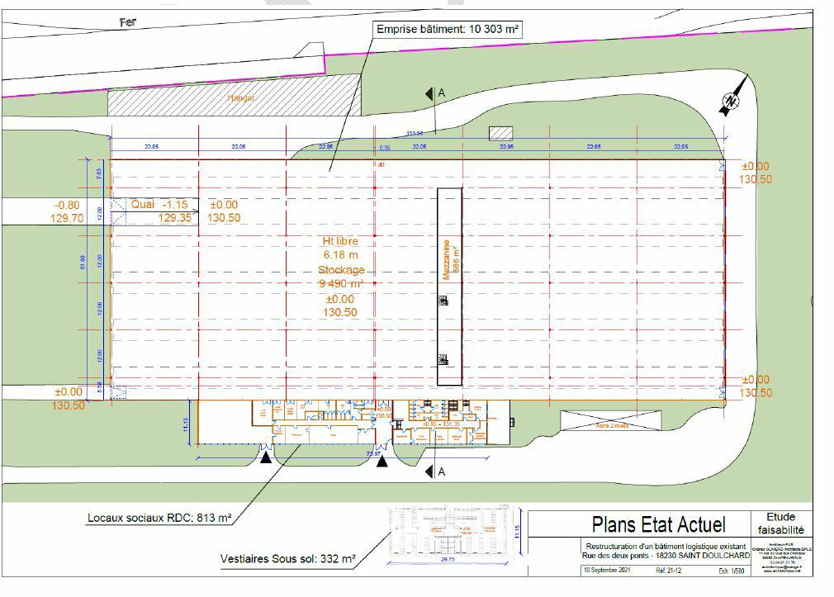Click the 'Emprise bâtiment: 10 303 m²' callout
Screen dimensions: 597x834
[x=448, y=30]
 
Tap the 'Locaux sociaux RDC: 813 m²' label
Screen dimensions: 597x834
[x=159, y=519]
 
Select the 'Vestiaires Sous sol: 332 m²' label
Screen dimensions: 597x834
[x=287, y=559]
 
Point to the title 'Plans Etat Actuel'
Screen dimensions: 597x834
[x=658, y=524]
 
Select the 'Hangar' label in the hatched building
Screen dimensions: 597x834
[x=241, y=97]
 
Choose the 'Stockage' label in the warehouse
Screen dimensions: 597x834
[x=341, y=270]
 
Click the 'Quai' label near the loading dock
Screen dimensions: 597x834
[x=143, y=204]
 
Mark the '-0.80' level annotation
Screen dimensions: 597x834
[x=67, y=205]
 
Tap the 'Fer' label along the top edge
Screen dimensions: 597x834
[x=127, y=22]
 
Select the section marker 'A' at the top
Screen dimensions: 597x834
[x=441, y=93]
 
